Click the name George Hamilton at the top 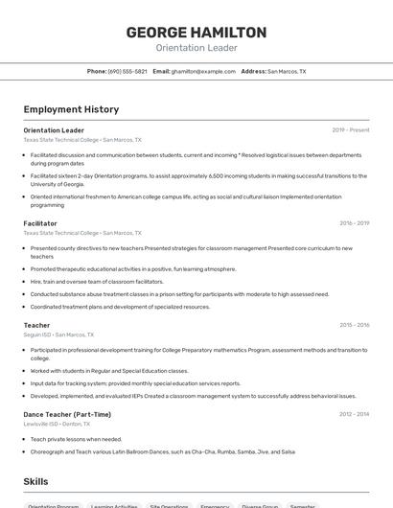point(196,32)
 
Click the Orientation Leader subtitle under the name point(196,48)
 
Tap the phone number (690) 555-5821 point(127,71)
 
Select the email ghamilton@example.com point(203,71)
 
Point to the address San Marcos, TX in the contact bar point(287,71)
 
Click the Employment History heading point(71,109)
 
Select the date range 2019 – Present point(351,130)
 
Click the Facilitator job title point(40,223)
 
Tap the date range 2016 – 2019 point(354,223)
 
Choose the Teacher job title point(36,325)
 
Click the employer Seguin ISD point(37,335)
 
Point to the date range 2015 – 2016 point(354,325)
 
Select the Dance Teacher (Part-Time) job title point(67,414)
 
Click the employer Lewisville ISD point(42,424)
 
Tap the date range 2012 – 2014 point(354,414)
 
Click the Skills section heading point(36,479)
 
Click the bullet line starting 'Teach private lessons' point(78,439)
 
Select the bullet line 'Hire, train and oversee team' point(97,281)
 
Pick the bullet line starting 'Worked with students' point(108,370)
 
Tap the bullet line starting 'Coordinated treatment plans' point(120,307)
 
